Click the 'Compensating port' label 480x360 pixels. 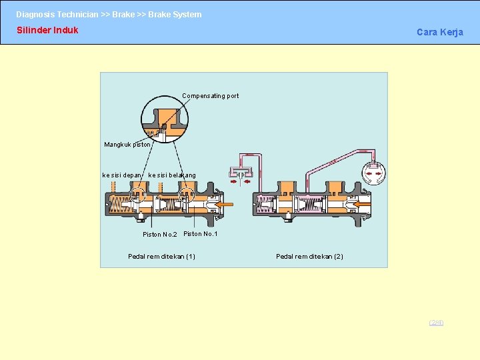[210, 96]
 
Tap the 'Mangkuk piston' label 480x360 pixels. [127, 145]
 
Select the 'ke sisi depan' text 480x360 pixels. [121, 175]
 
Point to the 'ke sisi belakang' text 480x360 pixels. [172, 175]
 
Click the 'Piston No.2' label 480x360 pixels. [159, 235]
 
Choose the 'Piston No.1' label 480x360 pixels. [200, 234]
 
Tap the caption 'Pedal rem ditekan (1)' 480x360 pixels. [161, 257]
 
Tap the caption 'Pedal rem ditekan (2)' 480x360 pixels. [309, 257]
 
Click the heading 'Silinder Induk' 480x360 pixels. [47, 30]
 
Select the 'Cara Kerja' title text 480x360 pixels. [439, 32]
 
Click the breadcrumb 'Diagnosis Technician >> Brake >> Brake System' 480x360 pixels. [109, 14]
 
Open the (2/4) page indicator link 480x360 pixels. [436, 323]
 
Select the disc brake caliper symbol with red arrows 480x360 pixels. [241, 173]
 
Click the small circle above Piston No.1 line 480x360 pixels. [187, 195]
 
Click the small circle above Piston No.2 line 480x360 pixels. [138, 195]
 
